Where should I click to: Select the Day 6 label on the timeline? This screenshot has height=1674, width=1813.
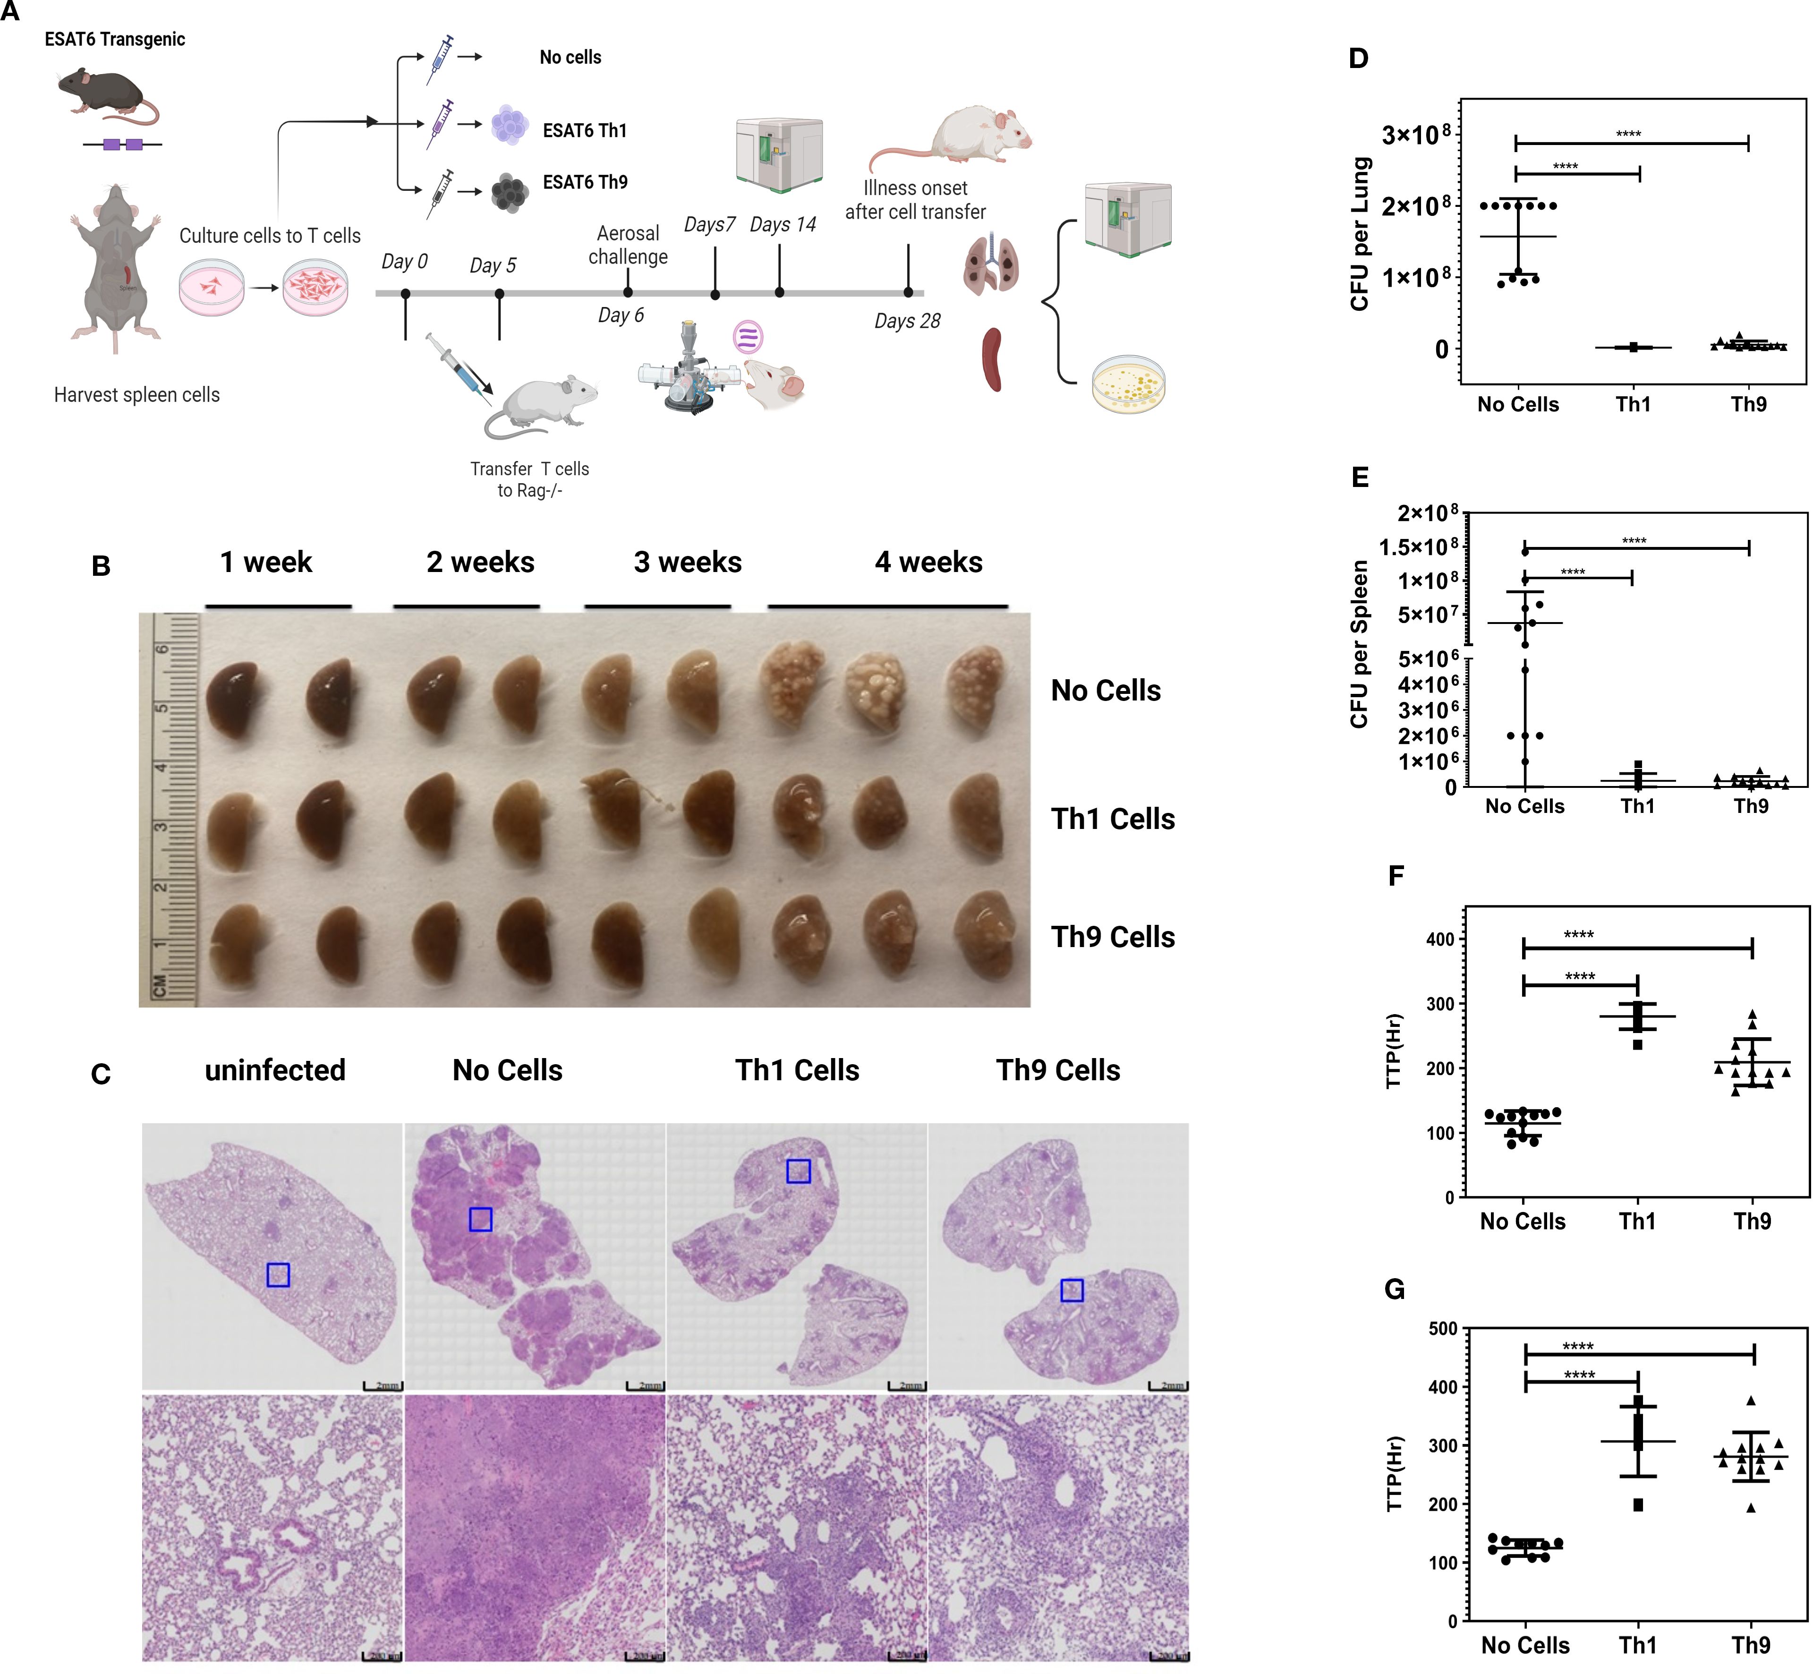pos(621,315)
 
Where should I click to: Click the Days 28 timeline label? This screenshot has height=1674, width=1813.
pos(907,321)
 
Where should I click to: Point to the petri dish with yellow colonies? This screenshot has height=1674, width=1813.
pos(1128,383)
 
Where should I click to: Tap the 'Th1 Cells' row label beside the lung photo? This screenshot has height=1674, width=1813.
pos(1112,819)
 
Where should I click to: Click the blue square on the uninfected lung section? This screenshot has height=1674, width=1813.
pos(278,1274)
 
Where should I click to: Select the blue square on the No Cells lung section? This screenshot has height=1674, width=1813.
pos(480,1219)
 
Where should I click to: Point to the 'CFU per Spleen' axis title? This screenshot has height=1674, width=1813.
pos(1358,644)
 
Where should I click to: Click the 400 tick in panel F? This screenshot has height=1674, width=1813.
pos(1440,939)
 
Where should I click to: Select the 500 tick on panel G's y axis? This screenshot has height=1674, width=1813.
pos(1442,1329)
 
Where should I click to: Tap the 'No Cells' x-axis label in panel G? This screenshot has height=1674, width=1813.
pos(1525,1645)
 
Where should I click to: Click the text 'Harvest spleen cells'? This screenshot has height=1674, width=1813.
pos(137,395)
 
